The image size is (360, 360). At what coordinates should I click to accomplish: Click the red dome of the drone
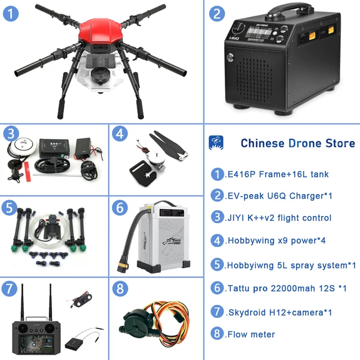pyautogui.click(x=101, y=31)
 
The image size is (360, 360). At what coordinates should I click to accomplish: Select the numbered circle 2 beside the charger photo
pyautogui.click(x=217, y=14)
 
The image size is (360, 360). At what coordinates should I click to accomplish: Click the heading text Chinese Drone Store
pyautogui.click(x=298, y=143)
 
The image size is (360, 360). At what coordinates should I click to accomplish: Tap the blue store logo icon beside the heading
pyautogui.click(x=217, y=142)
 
